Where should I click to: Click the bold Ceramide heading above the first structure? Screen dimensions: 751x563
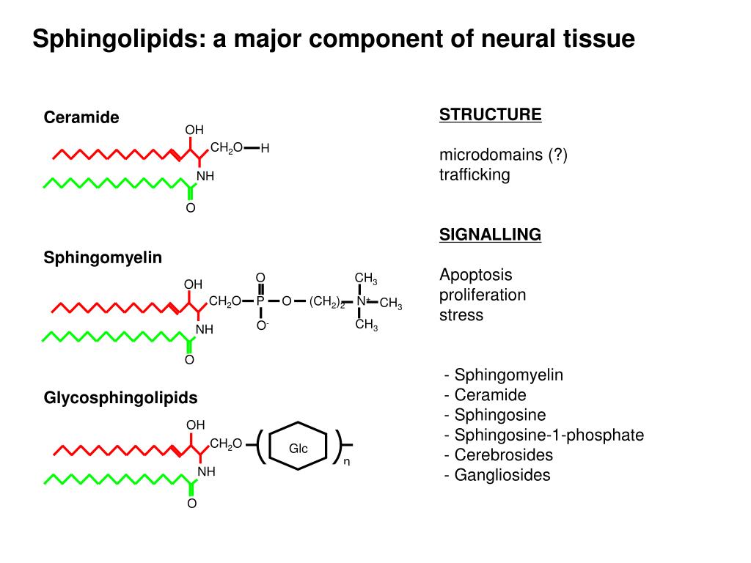pos(81,117)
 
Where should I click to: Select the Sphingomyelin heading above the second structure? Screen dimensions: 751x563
pos(103,257)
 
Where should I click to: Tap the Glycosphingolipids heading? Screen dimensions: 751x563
pos(120,398)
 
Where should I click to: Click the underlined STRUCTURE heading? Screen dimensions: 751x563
pos(491,115)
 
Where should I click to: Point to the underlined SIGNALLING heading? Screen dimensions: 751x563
pos(491,235)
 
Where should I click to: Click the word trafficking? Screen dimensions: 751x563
pos(475,174)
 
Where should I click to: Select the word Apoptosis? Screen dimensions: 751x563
pos(475,276)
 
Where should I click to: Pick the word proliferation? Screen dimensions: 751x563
pos(483,295)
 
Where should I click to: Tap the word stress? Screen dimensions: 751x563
pos(461,315)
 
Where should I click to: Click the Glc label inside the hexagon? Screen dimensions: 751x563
pos(298,449)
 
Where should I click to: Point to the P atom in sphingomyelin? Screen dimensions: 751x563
pos(260,301)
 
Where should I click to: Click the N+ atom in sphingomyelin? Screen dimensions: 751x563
pos(363,301)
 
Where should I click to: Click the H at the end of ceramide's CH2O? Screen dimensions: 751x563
pos(265,148)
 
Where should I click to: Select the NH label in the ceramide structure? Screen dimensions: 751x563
pos(205,176)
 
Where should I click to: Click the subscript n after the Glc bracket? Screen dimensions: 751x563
pos(347,462)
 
